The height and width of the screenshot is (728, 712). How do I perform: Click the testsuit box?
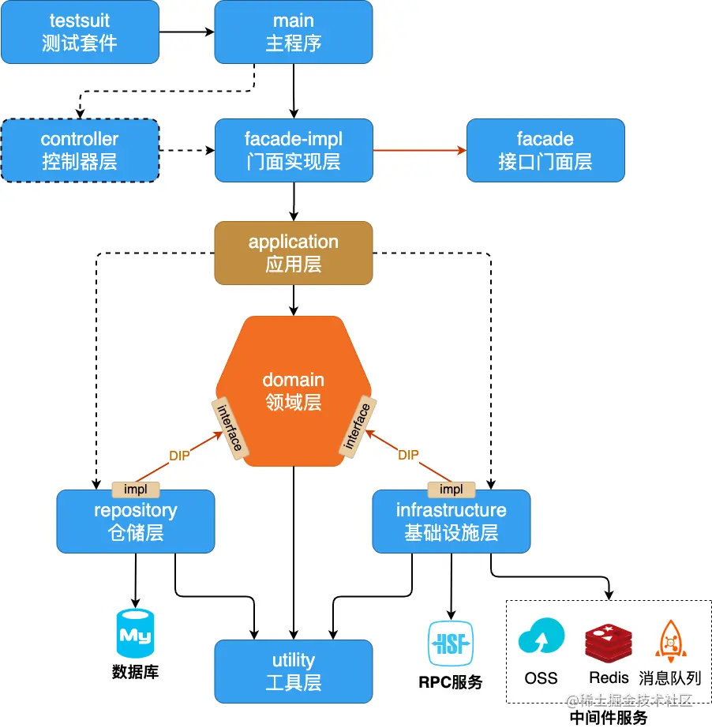tap(80, 32)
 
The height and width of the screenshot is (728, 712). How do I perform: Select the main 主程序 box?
tap(293, 32)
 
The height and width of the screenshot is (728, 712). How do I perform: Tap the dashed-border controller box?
tap(80, 151)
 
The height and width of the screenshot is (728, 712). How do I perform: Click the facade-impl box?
tap(293, 151)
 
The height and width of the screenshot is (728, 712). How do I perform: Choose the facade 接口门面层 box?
tap(545, 151)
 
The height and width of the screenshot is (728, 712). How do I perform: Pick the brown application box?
tap(293, 253)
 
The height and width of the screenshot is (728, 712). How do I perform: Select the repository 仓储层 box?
tap(135, 521)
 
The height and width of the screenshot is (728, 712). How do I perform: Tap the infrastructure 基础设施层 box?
tap(451, 521)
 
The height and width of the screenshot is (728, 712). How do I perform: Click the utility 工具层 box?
tap(293, 671)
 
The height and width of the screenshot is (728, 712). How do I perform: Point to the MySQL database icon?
tap(136, 633)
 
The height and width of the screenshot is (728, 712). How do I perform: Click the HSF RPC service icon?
tap(451, 644)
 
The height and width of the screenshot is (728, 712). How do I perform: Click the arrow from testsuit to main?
tap(186, 32)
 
